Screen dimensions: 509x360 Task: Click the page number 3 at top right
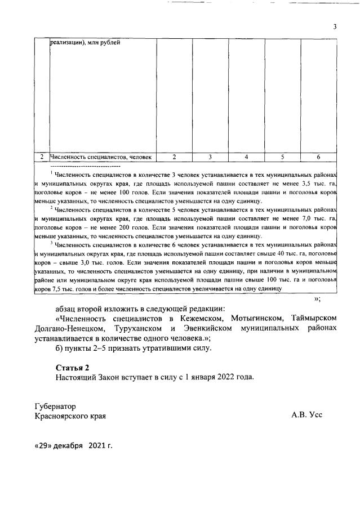335,26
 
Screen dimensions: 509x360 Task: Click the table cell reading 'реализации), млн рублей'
85,43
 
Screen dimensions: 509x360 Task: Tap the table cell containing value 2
174,157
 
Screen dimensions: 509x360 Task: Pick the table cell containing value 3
210,157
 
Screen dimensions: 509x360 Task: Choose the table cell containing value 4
246,157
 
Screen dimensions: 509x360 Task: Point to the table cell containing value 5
282,157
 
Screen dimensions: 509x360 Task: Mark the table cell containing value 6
318,157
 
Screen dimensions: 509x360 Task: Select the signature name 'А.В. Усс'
306,416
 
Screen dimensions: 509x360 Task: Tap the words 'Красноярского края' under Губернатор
70,416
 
